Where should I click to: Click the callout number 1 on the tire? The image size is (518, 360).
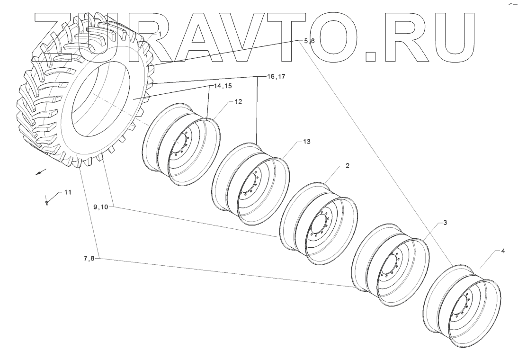click(160, 34)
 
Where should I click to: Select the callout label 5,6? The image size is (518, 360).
click(306, 41)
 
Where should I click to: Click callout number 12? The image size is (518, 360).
click(238, 102)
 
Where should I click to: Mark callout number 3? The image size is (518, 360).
click(445, 222)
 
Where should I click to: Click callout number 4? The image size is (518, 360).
click(503, 251)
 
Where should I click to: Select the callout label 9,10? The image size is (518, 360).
click(100, 207)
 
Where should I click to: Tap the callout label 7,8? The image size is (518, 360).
click(89, 259)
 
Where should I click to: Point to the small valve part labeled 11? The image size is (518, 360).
click(47, 202)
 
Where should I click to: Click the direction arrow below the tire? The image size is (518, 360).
click(41, 172)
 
